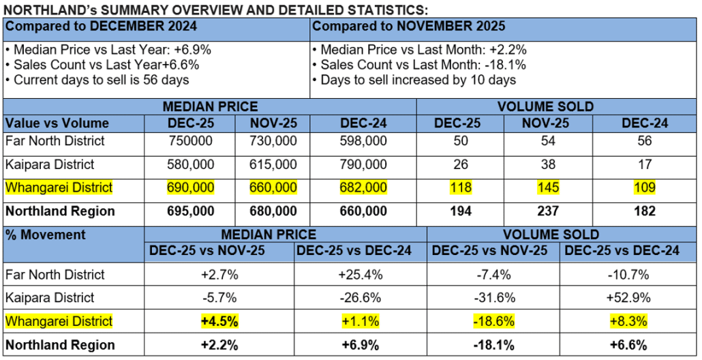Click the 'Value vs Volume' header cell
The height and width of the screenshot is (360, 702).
coord(57,123)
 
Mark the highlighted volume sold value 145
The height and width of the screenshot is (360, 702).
coord(549,187)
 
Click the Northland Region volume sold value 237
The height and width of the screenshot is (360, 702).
coord(549,211)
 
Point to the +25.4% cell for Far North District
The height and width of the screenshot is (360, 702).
coord(360,275)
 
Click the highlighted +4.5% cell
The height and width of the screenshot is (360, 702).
coord(219,321)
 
